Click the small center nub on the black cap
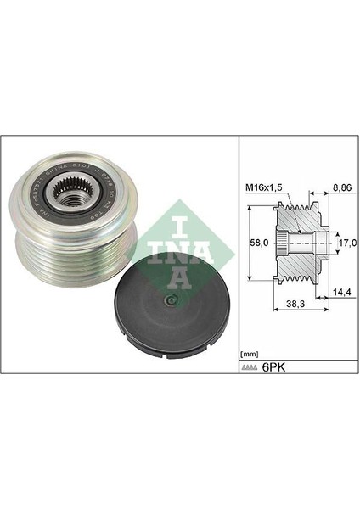pos(171,304)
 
